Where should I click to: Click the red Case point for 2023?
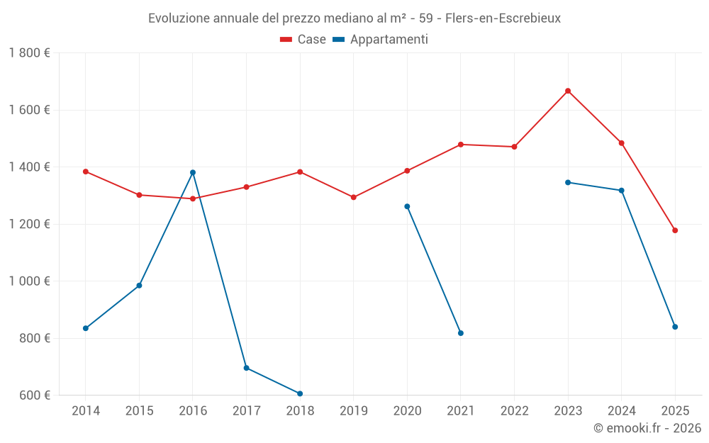pos(568,91)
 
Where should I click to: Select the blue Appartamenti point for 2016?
pos(193,172)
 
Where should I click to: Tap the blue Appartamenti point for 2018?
pos(300,393)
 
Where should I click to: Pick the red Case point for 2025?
pos(675,230)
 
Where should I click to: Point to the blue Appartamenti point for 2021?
pos(461,333)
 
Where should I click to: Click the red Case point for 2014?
pos(86,172)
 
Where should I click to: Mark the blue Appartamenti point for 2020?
pos(407,206)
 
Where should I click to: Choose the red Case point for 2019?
pos(354,197)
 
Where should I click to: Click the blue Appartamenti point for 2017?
pos(246,368)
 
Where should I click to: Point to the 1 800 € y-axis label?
pos(29,53)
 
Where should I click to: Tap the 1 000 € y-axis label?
pos(29,281)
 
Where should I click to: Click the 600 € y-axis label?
pos(33,396)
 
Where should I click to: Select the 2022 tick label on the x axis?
pos(514,411)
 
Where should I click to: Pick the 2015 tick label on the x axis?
pos(139,411)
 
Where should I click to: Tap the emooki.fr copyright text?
pos(647,428)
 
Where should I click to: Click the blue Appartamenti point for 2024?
pos(622,191)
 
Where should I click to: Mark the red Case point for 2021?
pos(461,145)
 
